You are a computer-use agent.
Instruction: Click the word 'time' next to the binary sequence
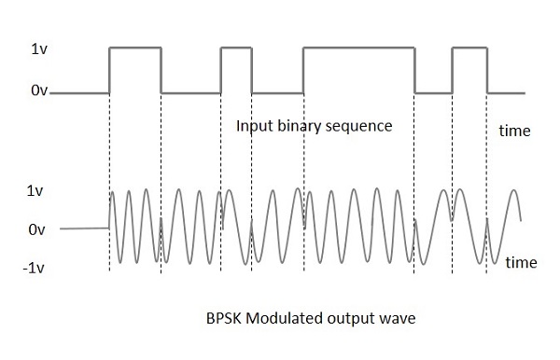tap(513, 132)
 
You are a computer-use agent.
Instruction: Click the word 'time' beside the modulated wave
tap(521, 263)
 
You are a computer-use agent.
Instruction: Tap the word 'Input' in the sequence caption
tap(255, 125)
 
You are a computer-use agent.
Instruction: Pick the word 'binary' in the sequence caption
tap(301, 125)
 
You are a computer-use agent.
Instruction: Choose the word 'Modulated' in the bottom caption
tap(283, 317)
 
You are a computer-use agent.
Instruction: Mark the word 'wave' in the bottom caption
tap(397, 317)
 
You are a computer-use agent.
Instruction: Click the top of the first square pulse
tap(135, 46)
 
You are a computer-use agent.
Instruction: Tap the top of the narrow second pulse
tap(236, 46)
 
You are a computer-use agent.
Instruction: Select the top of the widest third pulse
tap(358, 46)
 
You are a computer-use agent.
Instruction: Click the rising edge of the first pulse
tap(110, 70)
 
